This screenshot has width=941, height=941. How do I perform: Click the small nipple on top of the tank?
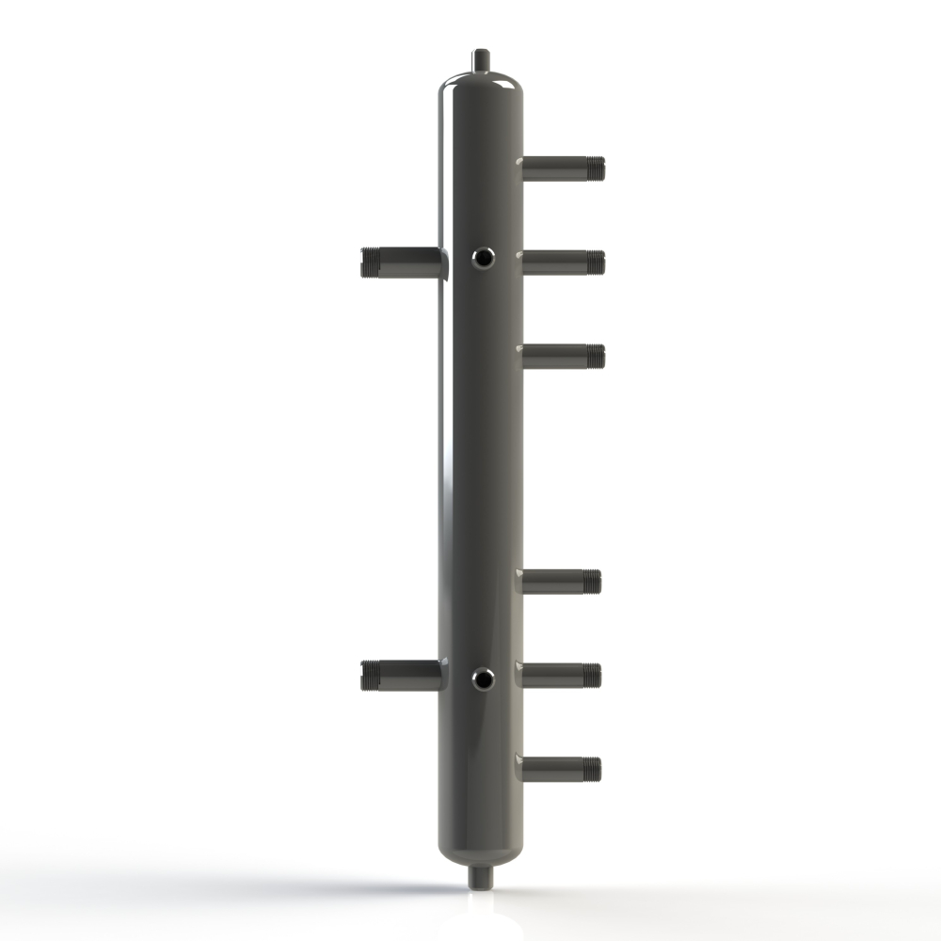[481, 57]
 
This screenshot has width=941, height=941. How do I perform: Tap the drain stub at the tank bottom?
[481, 875]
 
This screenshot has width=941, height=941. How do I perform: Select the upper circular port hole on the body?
[483, 255]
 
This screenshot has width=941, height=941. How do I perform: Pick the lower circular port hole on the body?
[483, 677]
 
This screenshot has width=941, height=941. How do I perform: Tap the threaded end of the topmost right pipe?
[595, 168]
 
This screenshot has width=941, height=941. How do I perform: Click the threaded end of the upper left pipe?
[369, 262]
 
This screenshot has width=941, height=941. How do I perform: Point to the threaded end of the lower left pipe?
[369, 674]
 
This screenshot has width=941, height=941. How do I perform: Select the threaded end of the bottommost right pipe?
[592, 769]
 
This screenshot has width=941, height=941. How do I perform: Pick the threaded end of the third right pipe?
[595, 357]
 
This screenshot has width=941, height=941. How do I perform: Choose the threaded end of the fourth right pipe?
[592, 582]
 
